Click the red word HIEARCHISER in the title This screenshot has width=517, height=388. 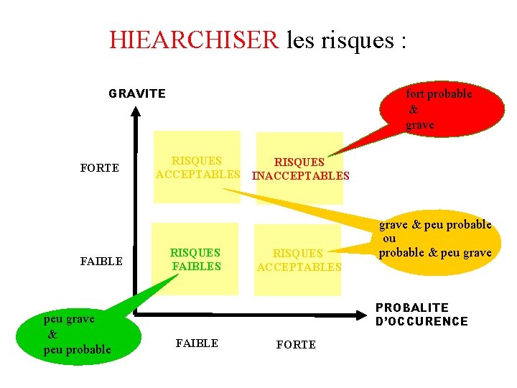pos(194,40)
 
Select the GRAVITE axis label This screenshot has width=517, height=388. pos(137,93)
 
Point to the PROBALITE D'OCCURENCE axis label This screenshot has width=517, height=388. pos(421,314)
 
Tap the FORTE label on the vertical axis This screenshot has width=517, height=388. pos(100,168)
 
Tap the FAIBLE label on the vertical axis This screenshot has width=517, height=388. pos(101,261)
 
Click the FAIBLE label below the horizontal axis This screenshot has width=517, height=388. pos(197,343)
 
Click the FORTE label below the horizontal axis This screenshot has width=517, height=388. pos(296,345)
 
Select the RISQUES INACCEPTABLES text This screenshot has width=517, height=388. pos(301,169)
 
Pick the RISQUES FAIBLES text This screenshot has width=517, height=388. pos(195,259)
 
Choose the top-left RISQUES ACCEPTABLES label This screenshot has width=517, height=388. pos(197,167)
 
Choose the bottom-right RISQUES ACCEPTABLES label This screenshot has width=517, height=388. pos(299,260)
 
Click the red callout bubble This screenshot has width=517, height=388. pos(438,108)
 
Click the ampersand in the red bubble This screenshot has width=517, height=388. pos(413,110)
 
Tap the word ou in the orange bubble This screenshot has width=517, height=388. pos(388,239)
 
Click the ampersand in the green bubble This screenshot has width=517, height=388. pos(52,334)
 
